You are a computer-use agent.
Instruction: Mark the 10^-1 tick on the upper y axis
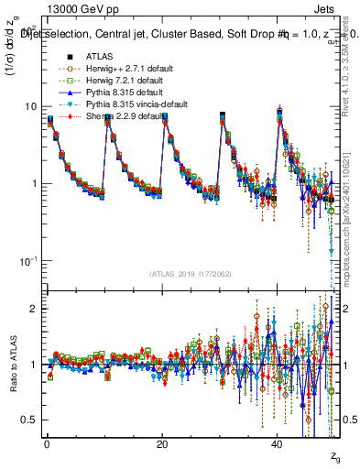[27, 261]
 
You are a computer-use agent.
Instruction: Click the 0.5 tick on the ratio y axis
[29, 420]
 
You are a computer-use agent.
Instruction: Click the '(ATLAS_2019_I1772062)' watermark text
[191, 274]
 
